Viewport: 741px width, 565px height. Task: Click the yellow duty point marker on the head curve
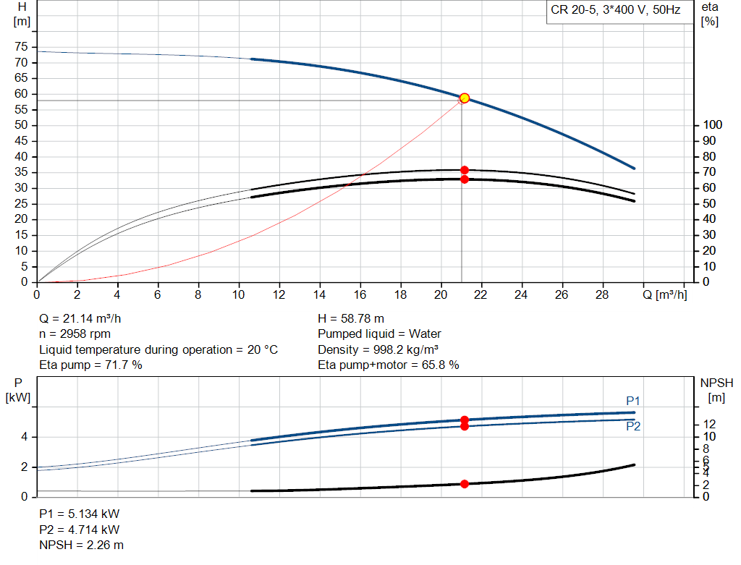[465, 98]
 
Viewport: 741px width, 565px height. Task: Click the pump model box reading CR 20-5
[615, 12]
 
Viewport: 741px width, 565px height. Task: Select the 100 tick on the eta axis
[711, 125]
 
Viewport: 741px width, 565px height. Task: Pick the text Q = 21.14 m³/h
[86, 318]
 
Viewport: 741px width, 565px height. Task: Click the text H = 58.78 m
[351, 318]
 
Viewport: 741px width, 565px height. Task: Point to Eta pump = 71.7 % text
[90, 365]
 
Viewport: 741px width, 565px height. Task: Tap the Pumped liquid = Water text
[379, 334]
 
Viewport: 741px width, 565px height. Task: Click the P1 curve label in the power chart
[633, 402]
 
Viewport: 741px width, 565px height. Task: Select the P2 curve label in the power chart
[633, 427]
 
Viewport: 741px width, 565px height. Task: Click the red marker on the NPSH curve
[465, 484]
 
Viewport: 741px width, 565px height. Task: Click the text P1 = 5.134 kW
[80, 514]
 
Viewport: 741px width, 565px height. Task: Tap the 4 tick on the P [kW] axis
[25, 437]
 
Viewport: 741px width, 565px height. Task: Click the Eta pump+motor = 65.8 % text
[389, 365]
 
